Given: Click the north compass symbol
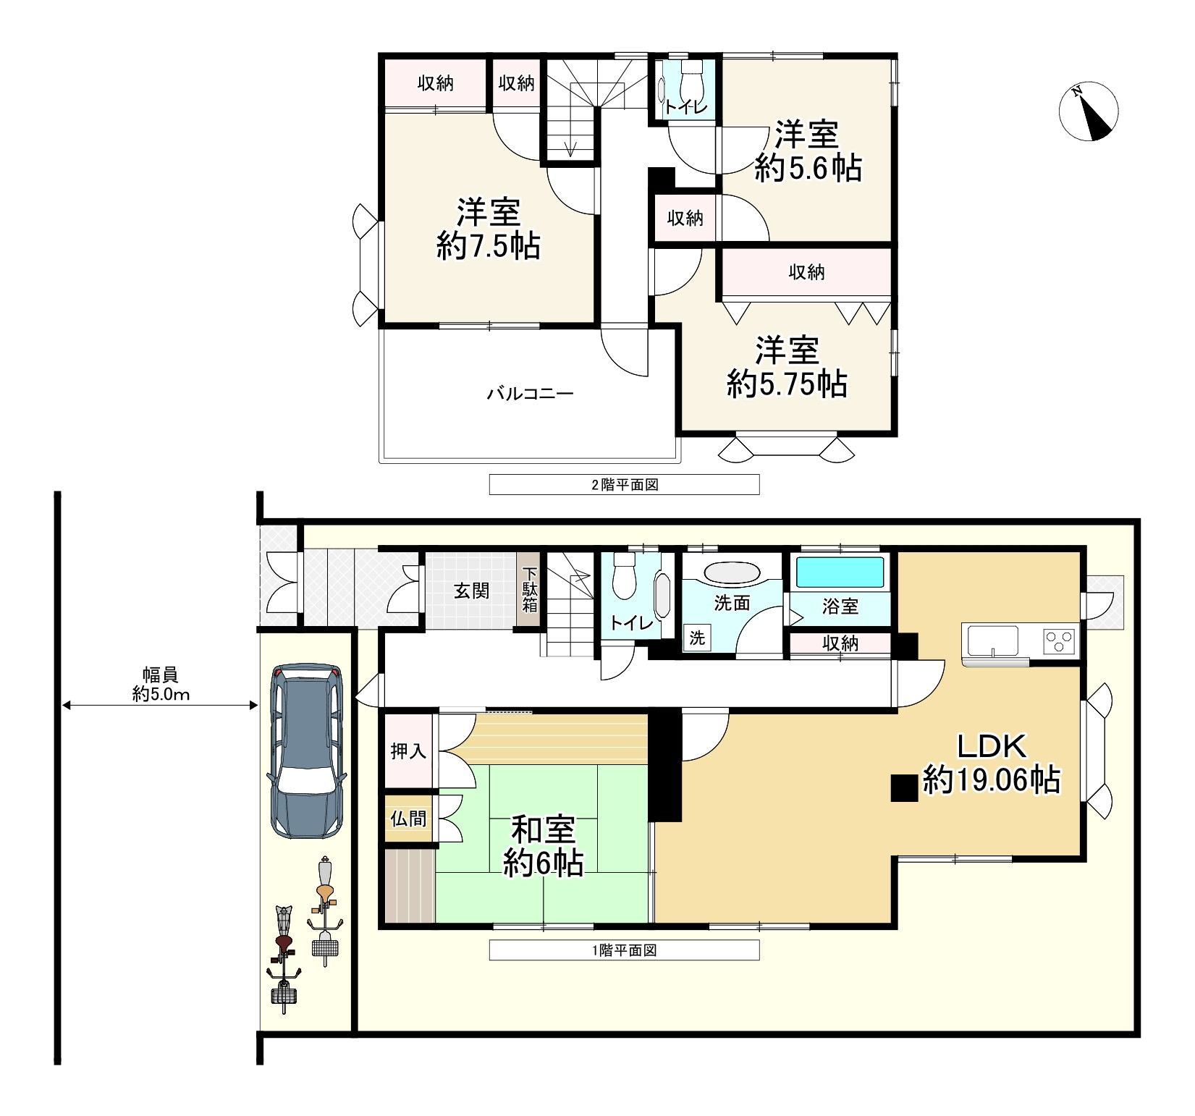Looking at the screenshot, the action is tap(1088, 111).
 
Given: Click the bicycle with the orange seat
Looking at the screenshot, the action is tap(326, 912).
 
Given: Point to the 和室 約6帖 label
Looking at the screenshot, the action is tap(543, 846).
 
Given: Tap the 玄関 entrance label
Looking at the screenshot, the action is tap(471, 591).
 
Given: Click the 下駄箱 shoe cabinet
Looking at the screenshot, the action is tap(530, 591).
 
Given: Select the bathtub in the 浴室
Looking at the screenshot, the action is tap(840, 572).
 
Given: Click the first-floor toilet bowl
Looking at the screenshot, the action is tap(623, 577).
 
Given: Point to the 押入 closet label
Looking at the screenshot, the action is tap(408, 751).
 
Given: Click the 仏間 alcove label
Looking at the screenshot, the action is tap(408, 819).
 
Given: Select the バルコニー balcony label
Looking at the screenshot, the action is tap(530, 394).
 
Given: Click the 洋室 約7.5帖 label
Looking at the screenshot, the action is tap(489, 229).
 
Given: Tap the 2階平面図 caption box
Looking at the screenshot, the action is tap(624, 484).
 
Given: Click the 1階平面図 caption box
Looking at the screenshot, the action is tap(624, 950).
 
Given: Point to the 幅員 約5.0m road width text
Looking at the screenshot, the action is tap(161, 685).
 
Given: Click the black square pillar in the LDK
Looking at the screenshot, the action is tap(904, 788).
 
